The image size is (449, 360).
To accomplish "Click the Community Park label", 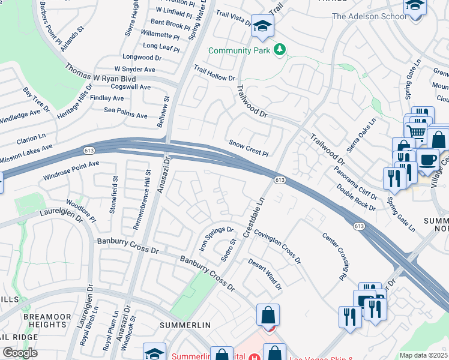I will tap(240, 50).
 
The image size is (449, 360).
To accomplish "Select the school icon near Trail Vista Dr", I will tap(262, 26).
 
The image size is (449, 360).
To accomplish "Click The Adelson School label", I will tap(369, 16).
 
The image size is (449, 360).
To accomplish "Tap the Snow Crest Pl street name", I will tap(248, 148).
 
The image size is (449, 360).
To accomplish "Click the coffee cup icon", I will tap(427, 159).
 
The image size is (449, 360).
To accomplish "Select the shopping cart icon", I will tap(416, 133).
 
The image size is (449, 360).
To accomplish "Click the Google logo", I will tap(20, 352).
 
